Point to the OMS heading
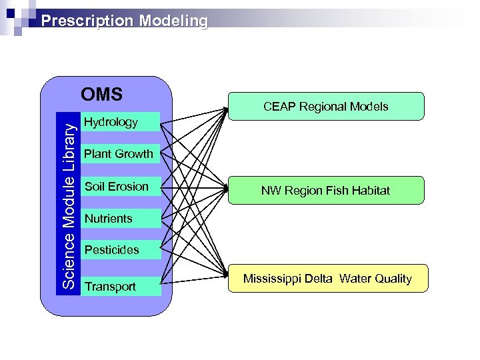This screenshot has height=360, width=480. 101,95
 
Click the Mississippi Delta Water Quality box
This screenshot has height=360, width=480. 327,279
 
